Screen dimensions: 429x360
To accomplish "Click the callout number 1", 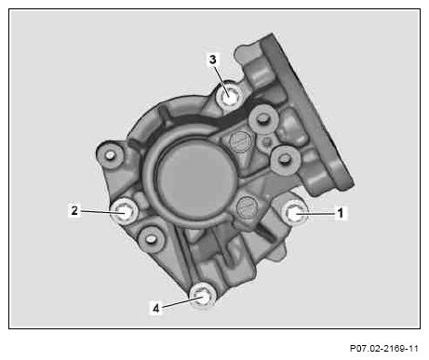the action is (x=341, y=213).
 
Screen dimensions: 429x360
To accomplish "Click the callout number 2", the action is (x=74, y=210).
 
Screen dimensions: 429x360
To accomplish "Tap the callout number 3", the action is (x=212, y=59).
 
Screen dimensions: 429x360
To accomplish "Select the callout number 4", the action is (x=156, y=308).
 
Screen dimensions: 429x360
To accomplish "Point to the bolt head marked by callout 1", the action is (x=294, y=212).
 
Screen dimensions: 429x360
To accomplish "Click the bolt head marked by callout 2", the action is (x=124, y=212).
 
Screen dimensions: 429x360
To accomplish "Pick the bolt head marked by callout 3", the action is (x=229, y=97).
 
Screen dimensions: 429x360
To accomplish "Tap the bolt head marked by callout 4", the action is (x=202, y=295).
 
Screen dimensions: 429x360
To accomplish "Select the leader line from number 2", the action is (x=101, y=212).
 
